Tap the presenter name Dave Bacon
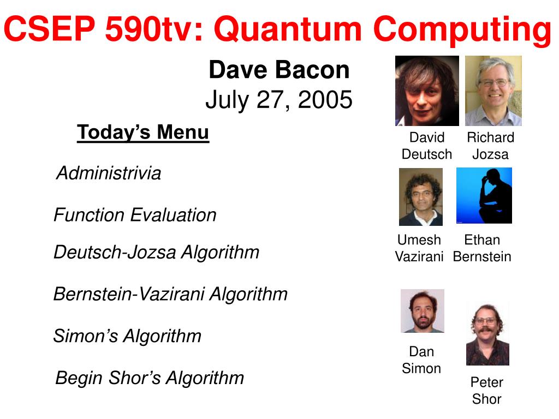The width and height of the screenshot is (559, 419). coord(279,69)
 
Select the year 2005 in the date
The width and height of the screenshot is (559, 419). coord(325,99)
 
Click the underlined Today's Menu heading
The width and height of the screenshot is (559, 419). coord(143,132)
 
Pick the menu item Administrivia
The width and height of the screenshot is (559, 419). coord(109,173)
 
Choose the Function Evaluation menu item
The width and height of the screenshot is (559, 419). coord(135,215)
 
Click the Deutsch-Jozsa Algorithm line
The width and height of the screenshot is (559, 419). coord(156,252)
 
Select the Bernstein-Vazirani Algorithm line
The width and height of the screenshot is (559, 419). coord(170,294)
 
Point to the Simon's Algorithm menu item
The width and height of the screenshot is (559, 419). coord(127,336)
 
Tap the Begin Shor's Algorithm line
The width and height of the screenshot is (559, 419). coord(150,378)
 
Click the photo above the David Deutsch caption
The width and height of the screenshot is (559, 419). coord(427,91)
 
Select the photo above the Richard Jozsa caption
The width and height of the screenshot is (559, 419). coord(493,91)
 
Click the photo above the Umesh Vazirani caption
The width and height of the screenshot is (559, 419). coord(421,196)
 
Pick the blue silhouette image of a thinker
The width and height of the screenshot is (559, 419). coord(484,196)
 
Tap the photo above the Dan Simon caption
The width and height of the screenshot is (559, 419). coord(423,311)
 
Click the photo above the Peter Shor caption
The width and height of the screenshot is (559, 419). coord(487,333)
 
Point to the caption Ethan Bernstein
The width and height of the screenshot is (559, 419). coord(482,248)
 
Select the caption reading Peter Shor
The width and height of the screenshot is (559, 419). coord(486,391)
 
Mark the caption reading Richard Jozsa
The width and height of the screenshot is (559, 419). coord(491,146)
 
